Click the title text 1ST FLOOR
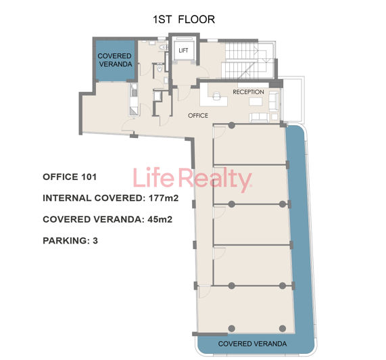click(184, 20)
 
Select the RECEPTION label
click(248, 92)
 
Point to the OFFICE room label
click(198, 116)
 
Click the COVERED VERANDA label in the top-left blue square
click(115, 60)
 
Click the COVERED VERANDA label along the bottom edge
click(253, 344)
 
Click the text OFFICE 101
click(70, 177)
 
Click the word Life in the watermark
click(153, 180)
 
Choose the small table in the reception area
click(255, 102)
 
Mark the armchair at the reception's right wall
click(274, 102)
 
